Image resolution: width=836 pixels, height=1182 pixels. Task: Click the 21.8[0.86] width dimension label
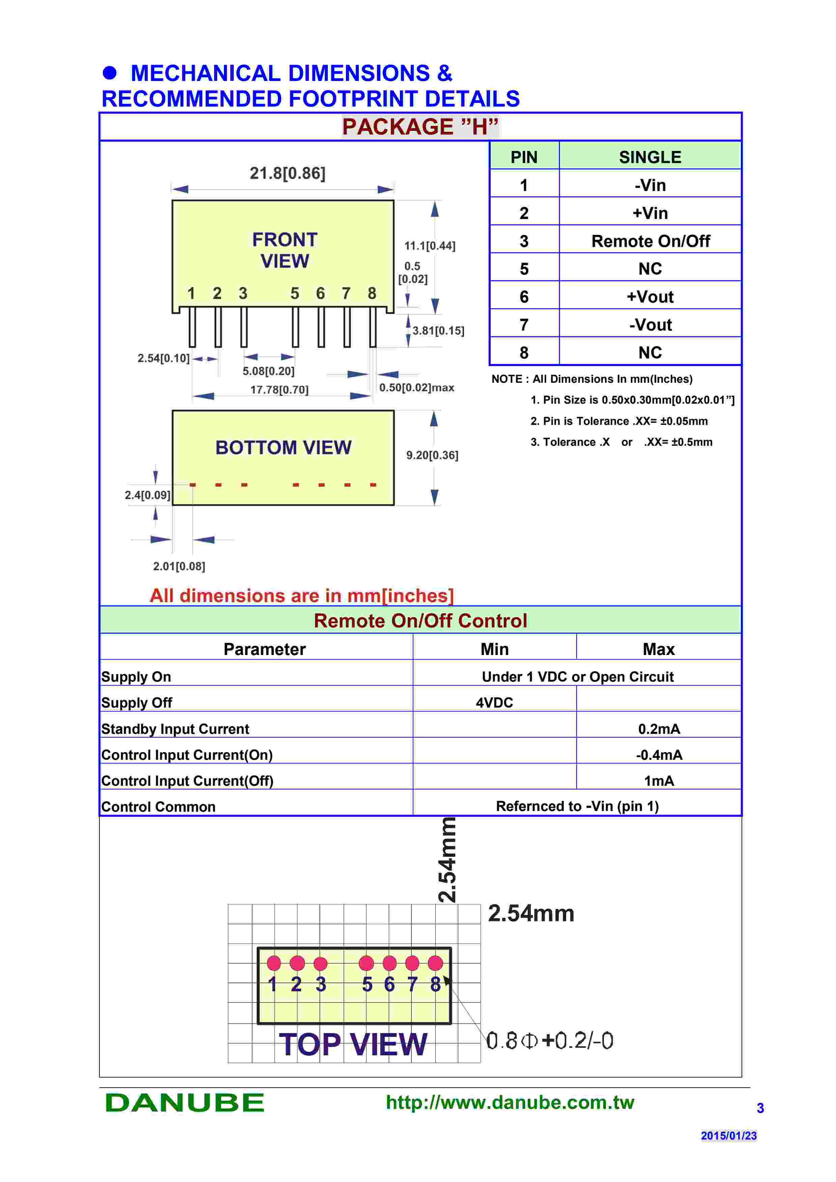tap(287, 174)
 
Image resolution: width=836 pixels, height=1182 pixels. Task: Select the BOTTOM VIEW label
tap(283, 447)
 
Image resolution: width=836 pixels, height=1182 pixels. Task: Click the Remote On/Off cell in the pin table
tap(650, 241)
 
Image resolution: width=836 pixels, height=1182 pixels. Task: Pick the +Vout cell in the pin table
tap(650, 297)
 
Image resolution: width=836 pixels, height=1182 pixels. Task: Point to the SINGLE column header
tap(650, 157)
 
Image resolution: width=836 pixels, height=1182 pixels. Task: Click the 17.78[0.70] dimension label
tap(279, 390)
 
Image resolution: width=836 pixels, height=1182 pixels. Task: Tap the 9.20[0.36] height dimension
tap(432, 455)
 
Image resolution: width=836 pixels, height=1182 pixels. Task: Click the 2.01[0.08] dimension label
tap(179, 566)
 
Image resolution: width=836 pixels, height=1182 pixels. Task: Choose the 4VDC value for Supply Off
tap(494, 703)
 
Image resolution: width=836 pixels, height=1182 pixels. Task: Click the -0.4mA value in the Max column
tap(659, 755)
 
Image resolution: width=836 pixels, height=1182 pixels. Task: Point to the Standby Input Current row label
tap(175, 729)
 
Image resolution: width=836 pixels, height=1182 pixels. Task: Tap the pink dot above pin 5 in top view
tap(366, 963)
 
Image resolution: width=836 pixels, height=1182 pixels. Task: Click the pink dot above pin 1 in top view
tap(274, 963)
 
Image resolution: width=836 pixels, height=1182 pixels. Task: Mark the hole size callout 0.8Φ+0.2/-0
tap(550, 1041)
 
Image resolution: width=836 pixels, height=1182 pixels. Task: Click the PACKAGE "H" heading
tap(420, 127)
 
